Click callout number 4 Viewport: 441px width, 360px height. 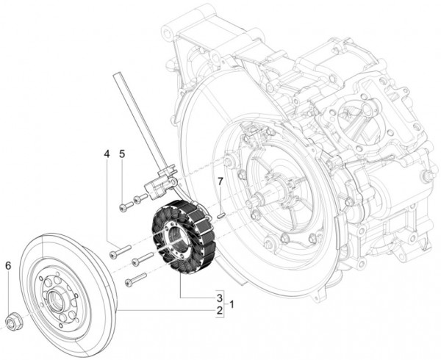[107, 154]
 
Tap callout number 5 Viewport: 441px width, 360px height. [122, 154]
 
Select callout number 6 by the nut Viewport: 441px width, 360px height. [8, 265]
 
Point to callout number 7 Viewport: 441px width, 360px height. [218, 181]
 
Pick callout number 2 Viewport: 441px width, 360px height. [219, 311]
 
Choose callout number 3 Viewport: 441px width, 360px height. [219, 297]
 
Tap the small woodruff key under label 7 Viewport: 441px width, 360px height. [220, 215]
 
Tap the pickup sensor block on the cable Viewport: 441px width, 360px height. [158, 188]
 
